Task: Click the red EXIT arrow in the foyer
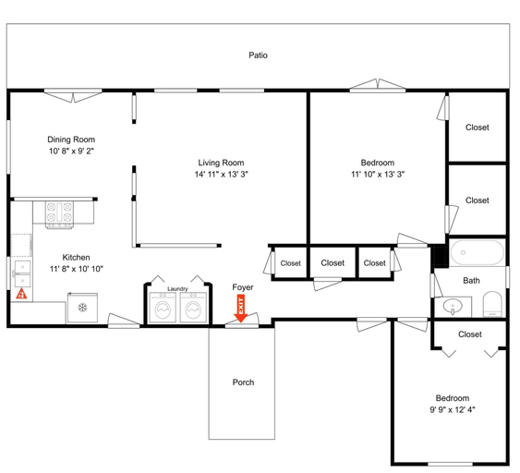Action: pos(241,309)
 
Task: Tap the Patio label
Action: pos(258,55)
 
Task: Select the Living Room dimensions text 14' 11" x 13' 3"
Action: pos(221,174)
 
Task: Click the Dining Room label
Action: pos(71,139)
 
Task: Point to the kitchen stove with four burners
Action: pos(59,215)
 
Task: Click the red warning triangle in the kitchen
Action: pos(21,294)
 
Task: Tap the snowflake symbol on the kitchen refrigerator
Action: pos(82,308)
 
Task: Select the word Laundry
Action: pos(177,289)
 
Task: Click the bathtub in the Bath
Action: pos(478,252)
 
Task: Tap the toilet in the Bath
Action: pos(492,304)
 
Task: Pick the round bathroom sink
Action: pos(453,306)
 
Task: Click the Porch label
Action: pos(243,382)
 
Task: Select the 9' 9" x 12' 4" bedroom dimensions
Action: pos(453,410)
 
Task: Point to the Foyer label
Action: pos(243,287)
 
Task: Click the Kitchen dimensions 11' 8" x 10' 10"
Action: pos(77,269)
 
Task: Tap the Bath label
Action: pos(471,281)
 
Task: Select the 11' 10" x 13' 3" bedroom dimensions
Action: pos(378,174)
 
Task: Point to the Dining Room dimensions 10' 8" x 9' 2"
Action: pos(71,152)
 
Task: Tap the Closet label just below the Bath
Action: pos(470,334)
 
